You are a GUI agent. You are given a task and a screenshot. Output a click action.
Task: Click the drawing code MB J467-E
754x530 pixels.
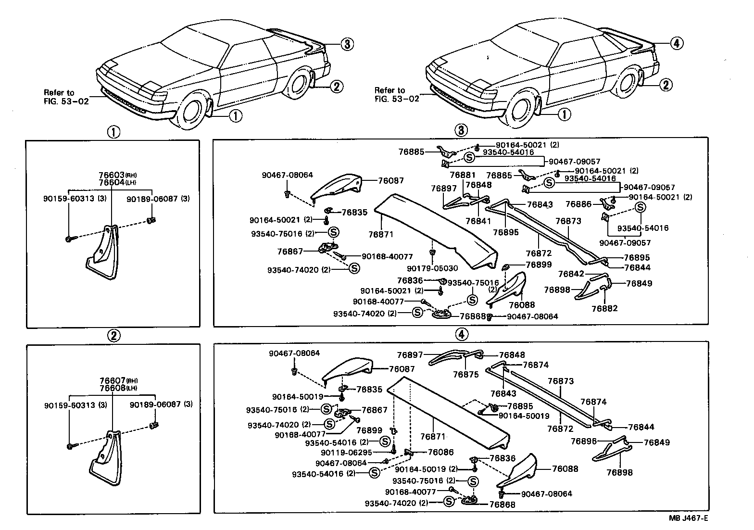pos(688,518)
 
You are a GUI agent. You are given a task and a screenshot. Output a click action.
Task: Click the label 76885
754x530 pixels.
pos(411,151)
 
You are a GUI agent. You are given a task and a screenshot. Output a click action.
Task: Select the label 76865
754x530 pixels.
pos(499,176)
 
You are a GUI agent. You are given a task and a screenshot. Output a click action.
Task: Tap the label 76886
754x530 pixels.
pos(578,204)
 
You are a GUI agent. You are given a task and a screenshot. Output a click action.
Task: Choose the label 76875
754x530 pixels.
pos(466,375)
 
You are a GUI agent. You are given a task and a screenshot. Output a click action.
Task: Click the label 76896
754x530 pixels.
pos(584,441)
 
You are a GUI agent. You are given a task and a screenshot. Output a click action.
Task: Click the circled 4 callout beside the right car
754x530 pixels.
pos(676,43)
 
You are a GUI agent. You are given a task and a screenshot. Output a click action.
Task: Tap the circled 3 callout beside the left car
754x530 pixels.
pos(347,44)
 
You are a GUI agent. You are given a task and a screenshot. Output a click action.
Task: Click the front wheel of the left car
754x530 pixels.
pos(194,115)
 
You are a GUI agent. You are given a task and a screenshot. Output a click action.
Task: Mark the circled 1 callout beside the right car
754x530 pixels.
pos(564,114)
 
